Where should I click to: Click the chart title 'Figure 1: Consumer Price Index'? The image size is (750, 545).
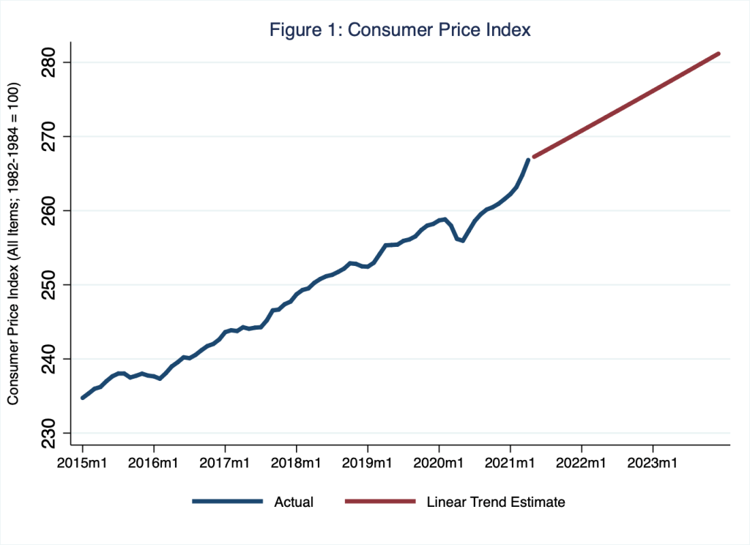[401, 30]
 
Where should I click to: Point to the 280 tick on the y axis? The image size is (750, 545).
[51, 62]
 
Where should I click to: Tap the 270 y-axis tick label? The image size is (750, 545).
[51, 137]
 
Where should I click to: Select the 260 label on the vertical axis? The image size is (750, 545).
[51, 211]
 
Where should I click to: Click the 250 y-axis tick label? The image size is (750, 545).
[51, 285]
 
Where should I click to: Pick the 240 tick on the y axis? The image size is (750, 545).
[51, 359]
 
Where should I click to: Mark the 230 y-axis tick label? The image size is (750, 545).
[51, 433]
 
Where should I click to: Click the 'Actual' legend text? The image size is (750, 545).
[293, 502]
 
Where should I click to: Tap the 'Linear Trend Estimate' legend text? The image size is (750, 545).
[496, 502]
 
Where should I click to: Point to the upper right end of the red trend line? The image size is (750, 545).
[719, 53]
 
